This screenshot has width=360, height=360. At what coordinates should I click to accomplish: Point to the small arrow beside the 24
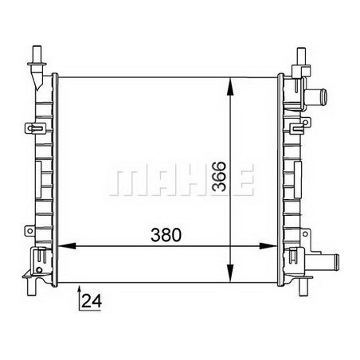click(x=80, y=299)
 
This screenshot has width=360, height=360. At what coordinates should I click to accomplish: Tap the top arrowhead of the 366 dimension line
click(x=231, y=82)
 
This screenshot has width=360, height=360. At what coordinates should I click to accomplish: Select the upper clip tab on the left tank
click(x=35, y=127)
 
